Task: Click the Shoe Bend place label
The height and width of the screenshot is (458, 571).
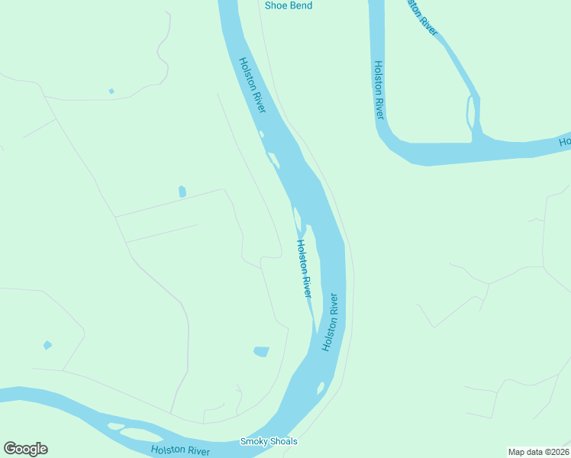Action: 289,5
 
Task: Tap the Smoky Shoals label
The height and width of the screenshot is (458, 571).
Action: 269,441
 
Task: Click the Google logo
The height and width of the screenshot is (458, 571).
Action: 25,449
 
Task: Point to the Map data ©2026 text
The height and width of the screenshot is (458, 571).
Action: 538,452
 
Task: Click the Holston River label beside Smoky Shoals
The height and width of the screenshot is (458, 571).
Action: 180,451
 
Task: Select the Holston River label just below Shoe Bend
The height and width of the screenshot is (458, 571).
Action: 252,86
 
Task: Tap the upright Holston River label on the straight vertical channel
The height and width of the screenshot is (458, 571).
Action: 379,90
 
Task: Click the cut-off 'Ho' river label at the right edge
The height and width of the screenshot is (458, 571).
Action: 565,141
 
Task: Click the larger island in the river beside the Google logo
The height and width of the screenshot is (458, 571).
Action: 141,434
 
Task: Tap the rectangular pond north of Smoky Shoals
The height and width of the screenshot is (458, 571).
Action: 261,352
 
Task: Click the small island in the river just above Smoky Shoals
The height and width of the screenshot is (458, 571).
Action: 321,388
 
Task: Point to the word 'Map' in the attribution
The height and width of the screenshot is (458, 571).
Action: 517,452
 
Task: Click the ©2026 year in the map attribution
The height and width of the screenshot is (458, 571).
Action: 554,452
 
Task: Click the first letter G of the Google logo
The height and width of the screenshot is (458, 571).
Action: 10,449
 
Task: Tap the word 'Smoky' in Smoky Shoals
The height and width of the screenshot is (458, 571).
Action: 253,441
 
